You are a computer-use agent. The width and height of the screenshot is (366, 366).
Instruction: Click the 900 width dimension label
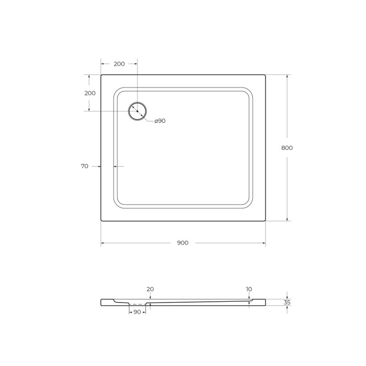tap(183, 243)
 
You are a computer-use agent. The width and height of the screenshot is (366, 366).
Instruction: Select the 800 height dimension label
tap(287, 148)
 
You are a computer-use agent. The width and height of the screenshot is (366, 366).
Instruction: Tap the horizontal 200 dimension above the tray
tap(119, 64)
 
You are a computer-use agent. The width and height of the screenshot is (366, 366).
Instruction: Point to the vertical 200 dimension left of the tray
tap(90, 93)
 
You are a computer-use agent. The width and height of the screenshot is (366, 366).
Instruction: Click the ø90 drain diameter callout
tap(160, 121)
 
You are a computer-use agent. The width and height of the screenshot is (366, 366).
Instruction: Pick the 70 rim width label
tap(85, 166)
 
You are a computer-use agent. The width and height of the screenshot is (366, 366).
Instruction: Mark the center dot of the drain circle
tap(137, 111)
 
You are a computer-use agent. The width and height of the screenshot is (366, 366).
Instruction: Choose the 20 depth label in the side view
tap(150, 289)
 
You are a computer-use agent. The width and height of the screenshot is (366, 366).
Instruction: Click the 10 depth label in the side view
tap(249, 289)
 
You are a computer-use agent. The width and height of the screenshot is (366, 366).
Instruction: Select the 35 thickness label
tap(287, 302)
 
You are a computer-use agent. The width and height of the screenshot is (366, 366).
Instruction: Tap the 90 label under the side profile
tap(137, 312)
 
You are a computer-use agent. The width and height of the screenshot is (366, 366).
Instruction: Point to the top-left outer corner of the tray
tap(101, 75)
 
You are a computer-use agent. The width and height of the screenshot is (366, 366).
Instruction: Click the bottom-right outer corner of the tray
tap(265, 221)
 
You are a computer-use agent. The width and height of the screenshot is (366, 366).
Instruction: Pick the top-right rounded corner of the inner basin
tap(249, 91)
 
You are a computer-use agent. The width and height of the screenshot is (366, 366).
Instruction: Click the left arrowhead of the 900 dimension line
tap(102, 243)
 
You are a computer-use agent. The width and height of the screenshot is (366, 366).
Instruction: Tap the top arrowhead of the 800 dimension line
tap(287, 76)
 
